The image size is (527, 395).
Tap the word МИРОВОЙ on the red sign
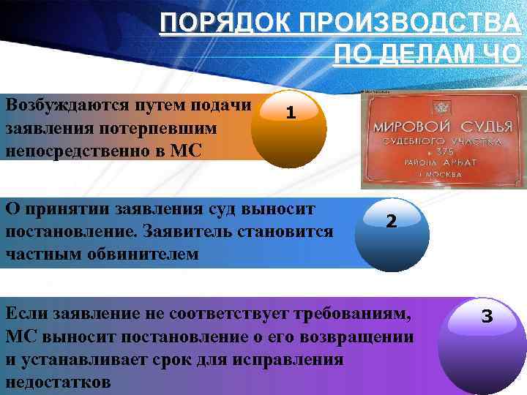410,126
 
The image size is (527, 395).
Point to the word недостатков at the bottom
58,383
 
